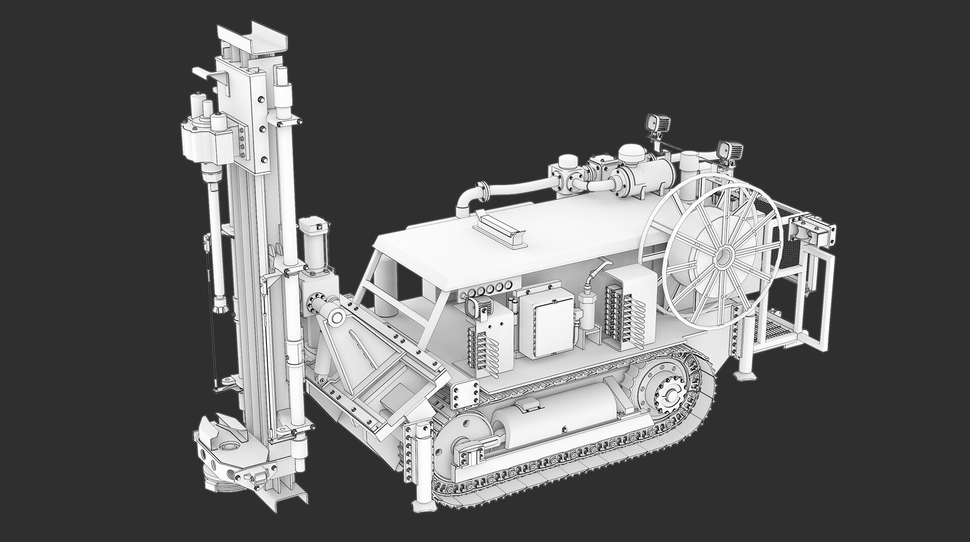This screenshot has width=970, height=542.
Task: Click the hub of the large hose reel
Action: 723,255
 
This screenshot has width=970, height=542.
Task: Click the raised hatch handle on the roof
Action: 500,231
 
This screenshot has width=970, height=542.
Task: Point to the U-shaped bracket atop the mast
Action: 252,40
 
